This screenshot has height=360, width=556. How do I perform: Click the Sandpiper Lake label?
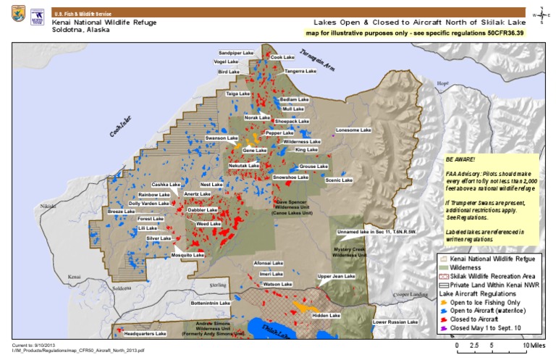coord(237,53)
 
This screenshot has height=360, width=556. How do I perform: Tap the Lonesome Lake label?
coord(353,130)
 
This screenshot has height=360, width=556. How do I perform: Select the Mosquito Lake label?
coord(188,255)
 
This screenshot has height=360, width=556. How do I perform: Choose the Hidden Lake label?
coord(325,316)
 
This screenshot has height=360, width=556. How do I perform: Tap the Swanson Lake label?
coord(221,137)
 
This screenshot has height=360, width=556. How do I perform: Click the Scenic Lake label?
coord(338,180)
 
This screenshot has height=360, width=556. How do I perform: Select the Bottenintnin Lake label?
coord(210,302)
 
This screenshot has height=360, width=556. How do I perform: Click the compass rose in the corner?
coord(542,14)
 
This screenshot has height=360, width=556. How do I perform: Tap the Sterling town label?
coord(218,277)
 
